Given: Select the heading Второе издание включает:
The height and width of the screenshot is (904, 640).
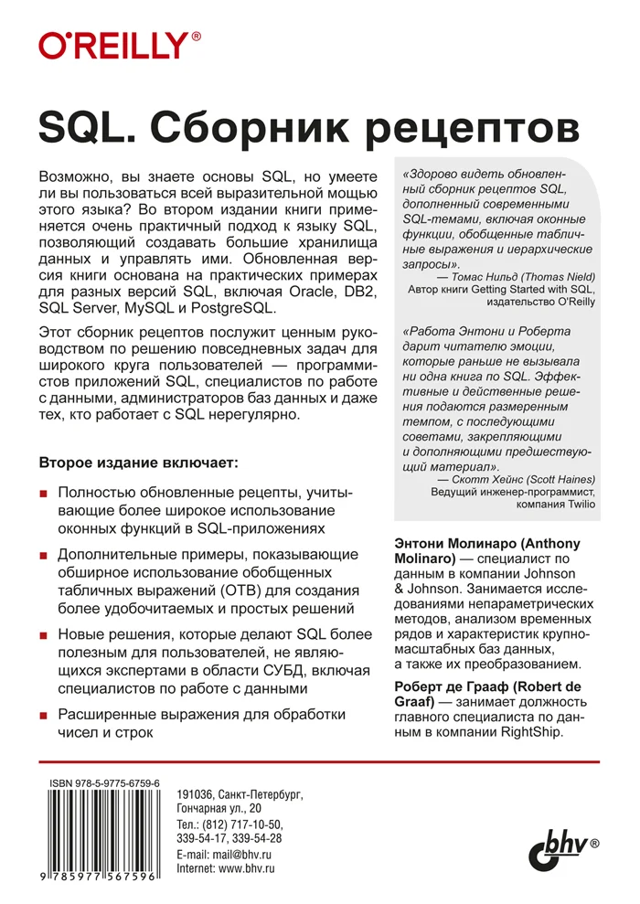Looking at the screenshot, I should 138,463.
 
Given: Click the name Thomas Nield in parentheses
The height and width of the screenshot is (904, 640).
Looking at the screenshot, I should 548,274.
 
